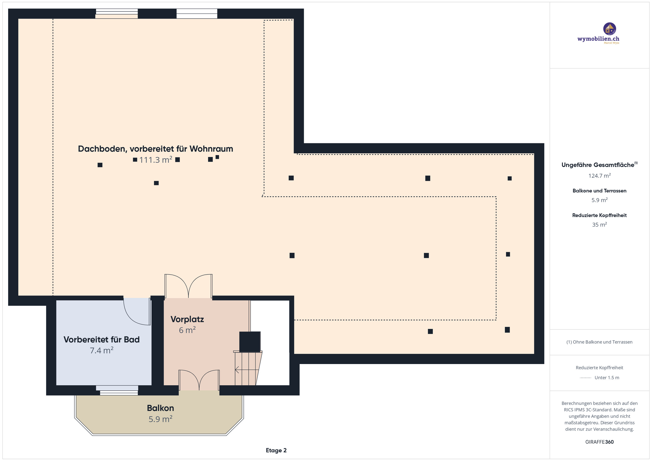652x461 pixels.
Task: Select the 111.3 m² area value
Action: tap(156, 160)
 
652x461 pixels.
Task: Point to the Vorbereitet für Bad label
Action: tap(101, 340)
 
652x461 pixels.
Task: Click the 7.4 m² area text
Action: tap(101, 351)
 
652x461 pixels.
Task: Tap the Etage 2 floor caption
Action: tap(276, 450)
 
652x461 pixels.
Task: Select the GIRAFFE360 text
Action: tap(599, 442)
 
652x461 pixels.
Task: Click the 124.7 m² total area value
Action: tap(599, 176)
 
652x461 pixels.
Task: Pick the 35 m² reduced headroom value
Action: tap(599, 225)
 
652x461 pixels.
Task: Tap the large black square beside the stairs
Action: tap(250, 342)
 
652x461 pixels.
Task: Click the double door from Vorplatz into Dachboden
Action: tap(188, 286)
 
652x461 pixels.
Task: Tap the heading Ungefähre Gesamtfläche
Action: tap(597, 165)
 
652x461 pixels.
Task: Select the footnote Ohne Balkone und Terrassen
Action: tap(599, 342)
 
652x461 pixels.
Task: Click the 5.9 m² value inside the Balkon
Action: tap(160, 419)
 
